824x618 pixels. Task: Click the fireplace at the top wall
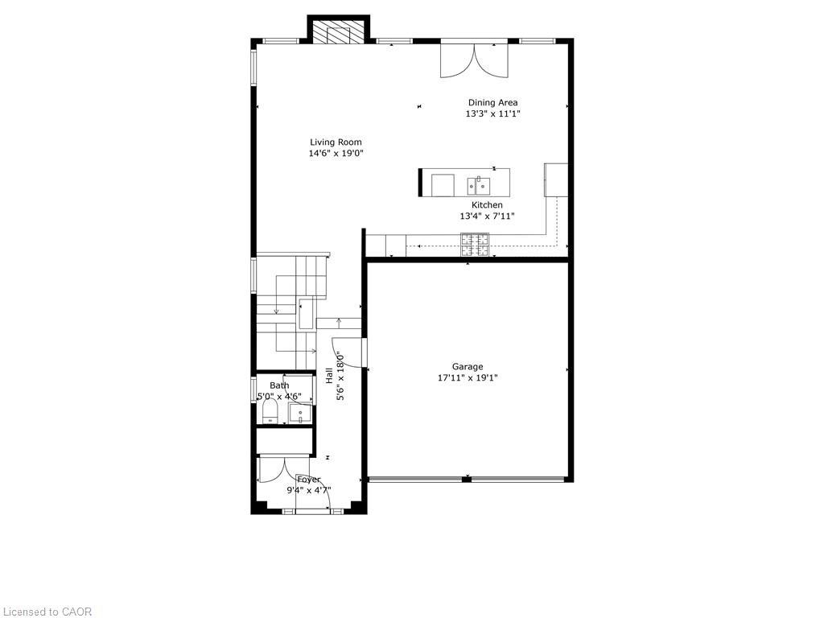(x=338, y=33)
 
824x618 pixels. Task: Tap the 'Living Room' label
(x=336, y=142)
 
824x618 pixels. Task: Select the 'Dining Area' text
(x=492, y=102)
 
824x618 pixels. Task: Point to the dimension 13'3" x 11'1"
(x=492, y=114)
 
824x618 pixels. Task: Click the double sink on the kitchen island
(x=479, y=186)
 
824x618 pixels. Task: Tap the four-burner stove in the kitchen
(x=475, y=245)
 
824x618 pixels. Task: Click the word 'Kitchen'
(x=487, y=205)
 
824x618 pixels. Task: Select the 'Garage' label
(x=467, y=367)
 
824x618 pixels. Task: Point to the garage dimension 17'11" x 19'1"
(x=467, y=378)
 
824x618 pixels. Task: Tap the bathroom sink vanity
(x=300, y=412)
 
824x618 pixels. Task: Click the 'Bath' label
(x=279, y=385)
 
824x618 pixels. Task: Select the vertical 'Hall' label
(x=329, y=375)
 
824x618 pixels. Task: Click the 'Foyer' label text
(x=308, y=480)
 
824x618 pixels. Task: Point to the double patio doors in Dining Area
(x=474, y=60)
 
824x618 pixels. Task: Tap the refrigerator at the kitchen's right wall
(x=556, y=179)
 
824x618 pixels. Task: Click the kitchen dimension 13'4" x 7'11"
(x=487, y=216)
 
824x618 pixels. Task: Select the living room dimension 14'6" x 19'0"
(x=336, y=154)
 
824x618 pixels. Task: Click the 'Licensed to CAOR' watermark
(x=47, y=612)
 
